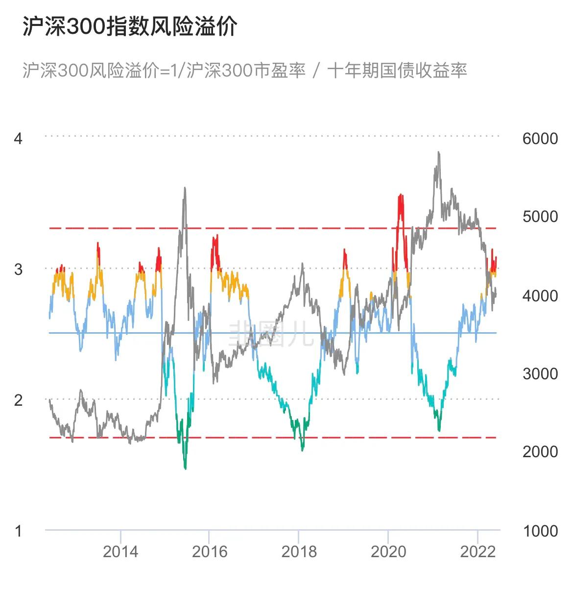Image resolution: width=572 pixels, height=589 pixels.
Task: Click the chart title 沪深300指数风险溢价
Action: [130, 26]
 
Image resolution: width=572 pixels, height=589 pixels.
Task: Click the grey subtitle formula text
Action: [244, 70]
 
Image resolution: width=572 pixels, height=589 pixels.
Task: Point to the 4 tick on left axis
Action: [18, 139]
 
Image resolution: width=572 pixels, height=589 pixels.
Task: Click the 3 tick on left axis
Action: [18, 269]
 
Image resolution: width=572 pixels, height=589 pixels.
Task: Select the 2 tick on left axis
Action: [18, 400]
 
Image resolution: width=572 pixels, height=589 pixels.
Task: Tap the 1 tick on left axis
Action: [18, 531]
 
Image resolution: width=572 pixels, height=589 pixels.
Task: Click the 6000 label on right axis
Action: [540, 139]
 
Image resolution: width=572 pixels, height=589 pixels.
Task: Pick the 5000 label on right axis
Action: [540, 217]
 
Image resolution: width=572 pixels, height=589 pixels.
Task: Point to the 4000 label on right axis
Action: [540, 295]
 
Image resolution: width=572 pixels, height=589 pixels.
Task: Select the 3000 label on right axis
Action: [540, 374]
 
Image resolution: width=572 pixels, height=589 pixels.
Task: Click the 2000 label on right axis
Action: [540, 452]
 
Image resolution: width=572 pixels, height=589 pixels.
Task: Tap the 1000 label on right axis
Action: [540, 531]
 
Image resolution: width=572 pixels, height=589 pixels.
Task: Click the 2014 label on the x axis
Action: [120, 552]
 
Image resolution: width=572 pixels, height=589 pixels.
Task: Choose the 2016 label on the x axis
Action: [210, 552]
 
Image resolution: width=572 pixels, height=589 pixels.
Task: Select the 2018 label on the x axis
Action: [299, 552]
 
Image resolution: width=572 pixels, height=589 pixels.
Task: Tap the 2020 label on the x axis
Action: [388, 552]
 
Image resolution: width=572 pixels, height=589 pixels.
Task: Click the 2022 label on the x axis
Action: [477, 552]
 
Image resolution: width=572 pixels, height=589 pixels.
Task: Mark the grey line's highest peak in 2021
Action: [438, 152]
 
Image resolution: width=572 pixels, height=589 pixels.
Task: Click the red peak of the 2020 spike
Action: [401, 196]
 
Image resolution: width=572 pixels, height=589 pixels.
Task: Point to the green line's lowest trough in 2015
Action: [185, 468]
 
